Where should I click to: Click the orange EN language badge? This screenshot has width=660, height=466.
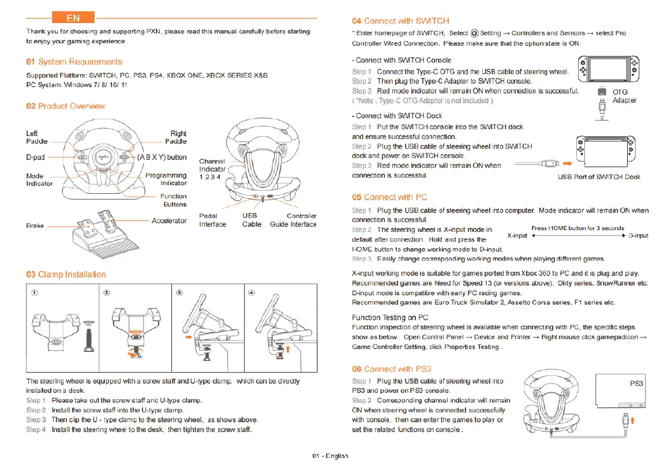pyautogui.click(x=73, y=18)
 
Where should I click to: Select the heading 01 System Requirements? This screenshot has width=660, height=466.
pyautogui.click(x=74, y=62)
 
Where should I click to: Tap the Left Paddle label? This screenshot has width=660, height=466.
pyautogui.click(x=37, y=137)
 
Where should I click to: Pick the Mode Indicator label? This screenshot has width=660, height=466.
pyautogui.click(x=39, y=179)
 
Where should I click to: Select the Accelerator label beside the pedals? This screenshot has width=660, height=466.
pyautogui.click(x=169, y=221)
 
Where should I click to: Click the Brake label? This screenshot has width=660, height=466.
pyautogui.click(x=35, y=226)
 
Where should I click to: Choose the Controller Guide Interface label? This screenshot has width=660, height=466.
pyautogui.click(x=293, y=220)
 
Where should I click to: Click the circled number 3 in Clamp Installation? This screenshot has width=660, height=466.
pyautogui.click(x=179, y=292)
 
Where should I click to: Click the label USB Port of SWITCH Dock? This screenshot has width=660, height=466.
pyautogui.click(x=599, y=177)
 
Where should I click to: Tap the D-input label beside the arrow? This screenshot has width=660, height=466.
pyautogui.click(x=638, y=235)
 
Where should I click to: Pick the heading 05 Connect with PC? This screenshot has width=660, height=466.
pyautogui.click(x=389, y=197)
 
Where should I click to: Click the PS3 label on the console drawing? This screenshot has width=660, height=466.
pyautogui.click(x=636, y=384)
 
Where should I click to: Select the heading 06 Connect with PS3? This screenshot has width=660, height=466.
pyautogui.click(x=392, y=369)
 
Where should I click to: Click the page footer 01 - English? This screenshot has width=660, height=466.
pyautogui.click(x=330, y=456)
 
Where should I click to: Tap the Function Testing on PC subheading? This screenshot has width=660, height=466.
pyautogui.click(x=389, y=318)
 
